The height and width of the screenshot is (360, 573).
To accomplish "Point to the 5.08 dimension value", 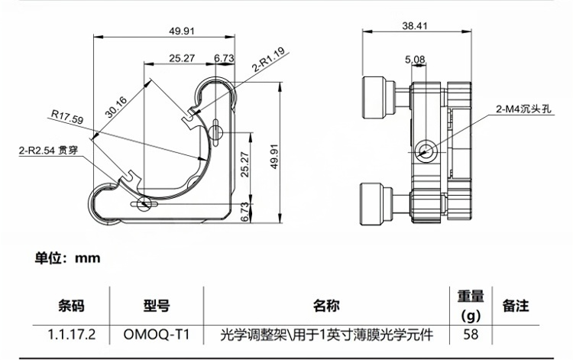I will tap(415, 59).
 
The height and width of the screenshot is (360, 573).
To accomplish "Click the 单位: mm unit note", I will tap(68, 258).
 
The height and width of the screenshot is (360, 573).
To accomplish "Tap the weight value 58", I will tap(471, 334).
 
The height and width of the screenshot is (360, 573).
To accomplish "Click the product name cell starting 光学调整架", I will tap(326, 334).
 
